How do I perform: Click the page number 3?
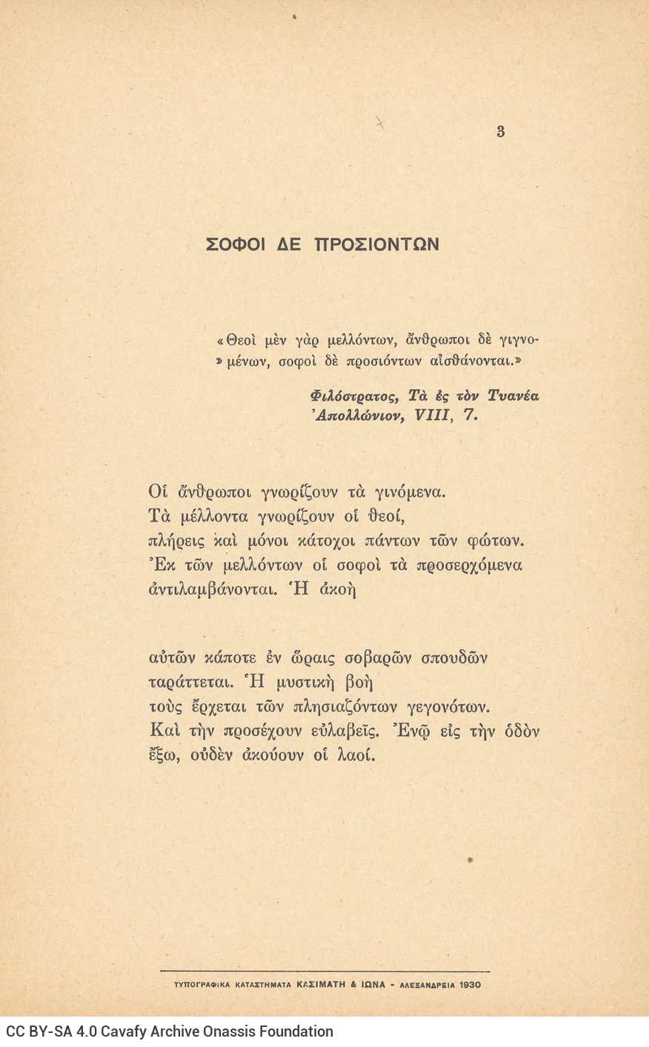[501, 132]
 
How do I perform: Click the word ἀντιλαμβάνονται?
[210, 591]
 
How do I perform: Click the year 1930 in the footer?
[470, 985]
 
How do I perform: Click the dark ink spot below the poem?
[470, 860]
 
